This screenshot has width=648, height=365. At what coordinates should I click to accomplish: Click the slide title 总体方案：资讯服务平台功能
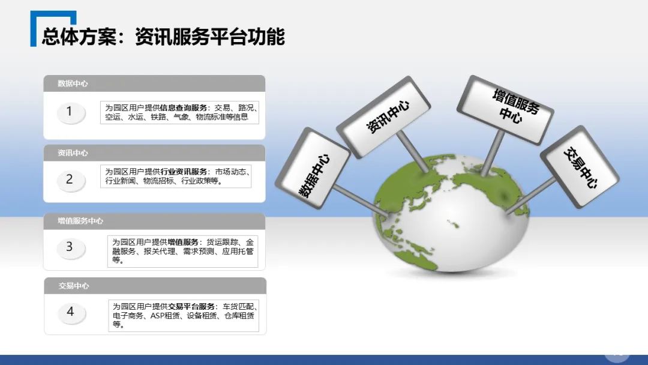(x=163, y=37)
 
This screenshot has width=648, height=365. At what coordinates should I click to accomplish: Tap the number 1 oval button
(x=71, y=112)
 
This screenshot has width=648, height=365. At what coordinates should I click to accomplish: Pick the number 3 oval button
(x=71, y=247)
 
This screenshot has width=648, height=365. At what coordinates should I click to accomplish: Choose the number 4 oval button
(x=71, y=312)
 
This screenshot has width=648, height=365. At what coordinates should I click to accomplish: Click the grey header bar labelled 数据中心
(x=154, y=83)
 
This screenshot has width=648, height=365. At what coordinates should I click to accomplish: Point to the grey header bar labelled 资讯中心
(x=154, y=153)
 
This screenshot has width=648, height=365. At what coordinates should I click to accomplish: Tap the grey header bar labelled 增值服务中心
(x=154, y=221)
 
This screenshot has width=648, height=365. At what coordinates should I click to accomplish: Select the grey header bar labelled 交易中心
(x=154, y=286)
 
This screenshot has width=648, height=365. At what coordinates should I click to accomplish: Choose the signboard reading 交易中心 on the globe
(x=580, y=166)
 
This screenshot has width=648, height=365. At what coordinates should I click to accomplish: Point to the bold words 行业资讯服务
(x=184, y=172)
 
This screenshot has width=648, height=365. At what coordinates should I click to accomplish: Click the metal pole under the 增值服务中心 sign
(x=492, y=153)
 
